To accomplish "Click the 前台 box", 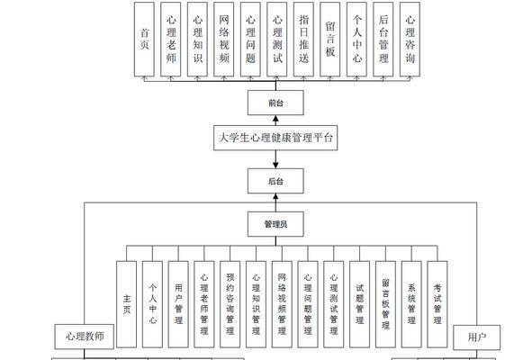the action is tap(275, 103).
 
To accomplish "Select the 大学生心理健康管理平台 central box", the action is tap(275, 138).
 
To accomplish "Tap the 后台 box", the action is tap(275, 181).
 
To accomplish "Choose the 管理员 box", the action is tap(275, 224).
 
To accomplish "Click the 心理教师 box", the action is tap(84, 337).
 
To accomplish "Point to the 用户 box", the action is tap(477, 337).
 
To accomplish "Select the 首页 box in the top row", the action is tap(144, 40).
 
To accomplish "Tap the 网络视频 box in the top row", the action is tap(224, 40).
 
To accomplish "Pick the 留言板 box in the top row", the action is tap(330, 40).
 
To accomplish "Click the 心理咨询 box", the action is tap(410, 40).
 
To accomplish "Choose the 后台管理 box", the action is tap(383, 40).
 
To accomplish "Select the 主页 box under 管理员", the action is tap(127, 304).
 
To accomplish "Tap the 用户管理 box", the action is tap(178, 304).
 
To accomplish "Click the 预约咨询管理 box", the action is tap(230, 304).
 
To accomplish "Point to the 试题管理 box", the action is tap(360, 304).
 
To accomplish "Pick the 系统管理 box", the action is tap(411, 304).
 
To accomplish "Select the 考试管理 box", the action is tap(437, 304).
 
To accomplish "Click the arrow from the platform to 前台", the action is tap(275, 121).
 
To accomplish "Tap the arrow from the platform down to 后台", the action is tap(275, 159).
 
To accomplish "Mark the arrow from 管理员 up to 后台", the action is tap(275, 202).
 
